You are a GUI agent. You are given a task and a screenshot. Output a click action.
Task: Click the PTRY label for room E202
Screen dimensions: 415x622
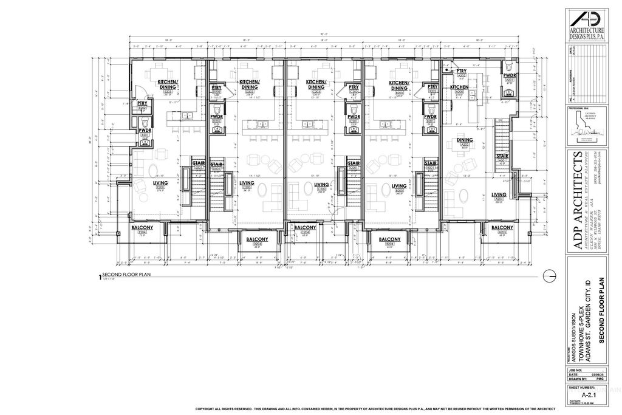[143, 103]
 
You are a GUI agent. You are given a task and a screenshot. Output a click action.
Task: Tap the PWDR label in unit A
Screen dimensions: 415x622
[510, 75]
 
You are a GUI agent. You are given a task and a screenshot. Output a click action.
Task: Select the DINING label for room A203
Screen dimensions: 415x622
[465, 140]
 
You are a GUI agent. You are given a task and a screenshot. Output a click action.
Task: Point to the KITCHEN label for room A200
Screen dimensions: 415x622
[459, 87]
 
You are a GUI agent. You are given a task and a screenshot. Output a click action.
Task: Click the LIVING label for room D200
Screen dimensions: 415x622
[247, 183]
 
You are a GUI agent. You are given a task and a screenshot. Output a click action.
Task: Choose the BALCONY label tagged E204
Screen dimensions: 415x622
[142, 227]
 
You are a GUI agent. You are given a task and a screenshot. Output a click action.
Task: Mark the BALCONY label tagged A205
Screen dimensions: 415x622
[502, 227]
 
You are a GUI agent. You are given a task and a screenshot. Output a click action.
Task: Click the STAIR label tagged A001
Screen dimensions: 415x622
[502, 157]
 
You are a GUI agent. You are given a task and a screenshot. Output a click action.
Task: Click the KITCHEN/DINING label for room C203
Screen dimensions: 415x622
[316, 84]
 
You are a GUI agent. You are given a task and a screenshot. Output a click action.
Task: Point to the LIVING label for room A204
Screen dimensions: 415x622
[499, 195]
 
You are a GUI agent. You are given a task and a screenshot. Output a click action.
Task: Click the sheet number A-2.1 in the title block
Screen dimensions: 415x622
[587, 394]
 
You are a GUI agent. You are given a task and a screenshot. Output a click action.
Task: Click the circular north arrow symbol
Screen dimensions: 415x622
[550, 275]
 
